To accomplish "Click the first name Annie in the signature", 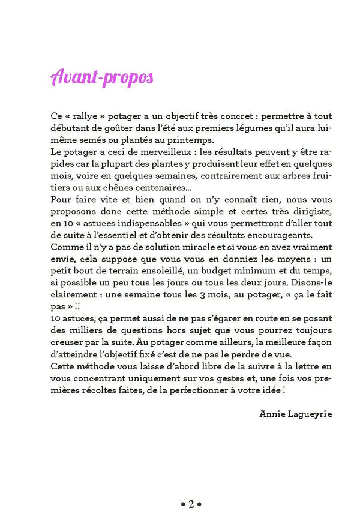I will click(271, 414).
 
